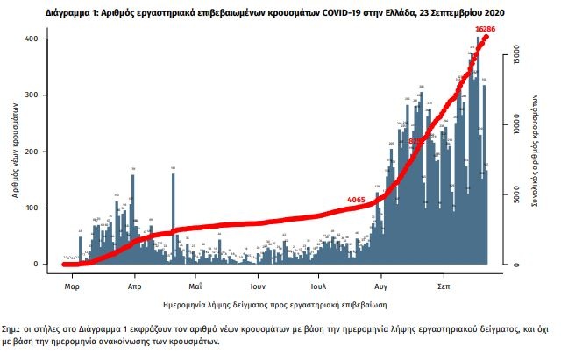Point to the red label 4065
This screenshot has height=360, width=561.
coord(356,200)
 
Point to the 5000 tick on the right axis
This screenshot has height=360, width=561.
coord(516,196)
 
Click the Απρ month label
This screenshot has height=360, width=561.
coord(135,286)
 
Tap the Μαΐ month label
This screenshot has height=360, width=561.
coord(195,286)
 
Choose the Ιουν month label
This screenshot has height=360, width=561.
coord(257,286)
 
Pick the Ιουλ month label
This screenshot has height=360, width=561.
coord(318,286)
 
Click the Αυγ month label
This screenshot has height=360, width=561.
coord(381,286)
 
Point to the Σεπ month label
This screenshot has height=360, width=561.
coord(444,286)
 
